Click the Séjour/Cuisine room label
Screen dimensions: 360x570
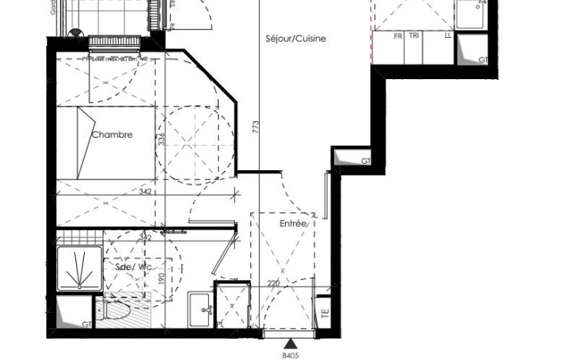pyautogui.click(x=296, y=38)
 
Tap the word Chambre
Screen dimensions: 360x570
pyautogui.click(x=112, y=135)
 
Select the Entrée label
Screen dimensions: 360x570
pyautogui.click(x=292, y=225)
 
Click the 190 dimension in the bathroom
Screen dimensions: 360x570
pyautogui.click(x=161, y=278)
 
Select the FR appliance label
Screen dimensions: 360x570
pyautogui.click(x=399, y=36)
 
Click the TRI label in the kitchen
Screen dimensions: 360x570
pyautogui.click(x=414, y=36)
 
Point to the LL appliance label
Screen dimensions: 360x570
pyautogui.click(x=449, y=36)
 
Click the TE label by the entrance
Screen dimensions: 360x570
pyautogui.click(x=323, y=310)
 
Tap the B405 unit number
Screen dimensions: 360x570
pyautogui.click(x=291, y=355)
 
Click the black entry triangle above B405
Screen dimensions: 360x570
pyautogui.click(x=291, y=343)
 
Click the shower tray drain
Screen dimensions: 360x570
pyautogui.click(x=79, y=278)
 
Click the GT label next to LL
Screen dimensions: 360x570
pyautogui.click(x=483, y=60)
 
